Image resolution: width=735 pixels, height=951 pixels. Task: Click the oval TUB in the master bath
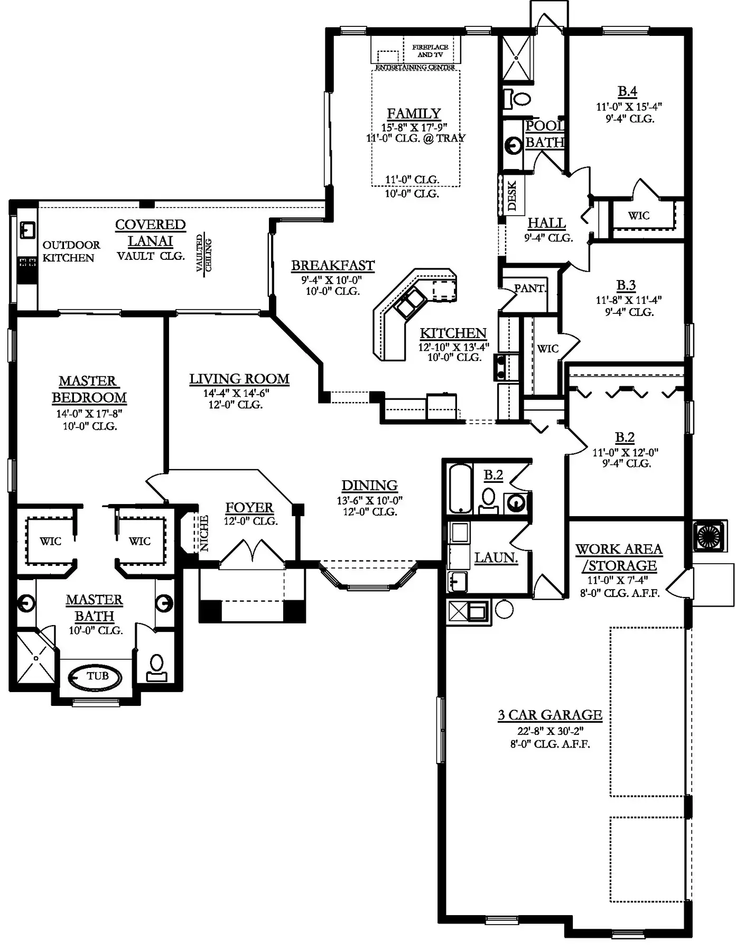(x=96, y=677)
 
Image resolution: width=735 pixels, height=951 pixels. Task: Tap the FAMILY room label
(x=414, y=114)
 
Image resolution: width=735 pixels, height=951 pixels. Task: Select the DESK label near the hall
(x=512, y=196)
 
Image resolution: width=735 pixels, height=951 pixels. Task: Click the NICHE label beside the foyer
(x=204, y=533)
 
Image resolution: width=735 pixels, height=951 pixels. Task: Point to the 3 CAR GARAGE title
(x=550, y=715)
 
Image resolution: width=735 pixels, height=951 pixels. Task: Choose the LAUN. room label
(x=496, y=557)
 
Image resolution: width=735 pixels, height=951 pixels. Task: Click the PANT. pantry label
(x=530, y=288)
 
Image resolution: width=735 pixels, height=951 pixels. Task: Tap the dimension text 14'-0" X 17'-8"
(x=89, y=414)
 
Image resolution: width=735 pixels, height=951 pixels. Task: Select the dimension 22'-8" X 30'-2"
(x=550, y=731)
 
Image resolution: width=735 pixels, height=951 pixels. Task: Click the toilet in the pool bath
(x=518, y=98)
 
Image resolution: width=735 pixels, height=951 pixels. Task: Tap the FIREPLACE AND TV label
(x=430, y=51)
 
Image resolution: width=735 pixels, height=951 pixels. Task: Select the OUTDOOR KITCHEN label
(x=71, y=251)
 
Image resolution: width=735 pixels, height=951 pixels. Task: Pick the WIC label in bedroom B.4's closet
(x=639, y=216)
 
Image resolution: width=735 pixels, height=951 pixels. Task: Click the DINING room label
(x=369, y=486)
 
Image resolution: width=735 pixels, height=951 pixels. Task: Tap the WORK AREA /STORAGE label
(x=619, y=557)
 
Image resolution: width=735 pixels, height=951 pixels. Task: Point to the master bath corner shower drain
(x=36, y=658)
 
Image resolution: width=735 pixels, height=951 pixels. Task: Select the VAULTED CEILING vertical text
(x=204, y=254)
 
